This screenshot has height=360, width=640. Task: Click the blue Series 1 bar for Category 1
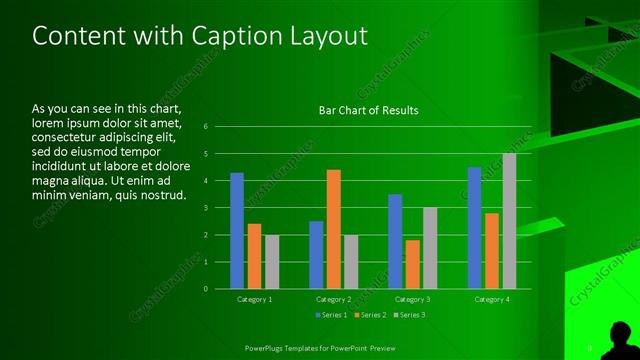click(x=237, y=231)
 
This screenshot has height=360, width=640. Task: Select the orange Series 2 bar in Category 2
click(x=333, y=229)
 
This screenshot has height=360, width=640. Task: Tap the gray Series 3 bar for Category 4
click(x=509, y=221)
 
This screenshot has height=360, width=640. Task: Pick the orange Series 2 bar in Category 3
click(x=413, y=264)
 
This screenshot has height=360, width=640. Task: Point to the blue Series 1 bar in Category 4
click(x=474, y=228)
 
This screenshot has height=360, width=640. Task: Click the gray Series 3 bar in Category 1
click(x=272, y=262)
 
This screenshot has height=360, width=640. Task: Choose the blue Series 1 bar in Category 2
click(x=316, y=255)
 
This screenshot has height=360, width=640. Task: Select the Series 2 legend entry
click(x=369, y=316)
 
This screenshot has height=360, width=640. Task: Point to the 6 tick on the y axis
click(x=205, y=127)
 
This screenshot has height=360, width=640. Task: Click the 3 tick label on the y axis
click(x=205, y=208)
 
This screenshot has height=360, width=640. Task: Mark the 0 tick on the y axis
click(x=205, y=289)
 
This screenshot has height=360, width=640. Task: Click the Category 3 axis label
click(x=412, y=299)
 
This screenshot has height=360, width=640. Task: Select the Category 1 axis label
click(x=254, y=299)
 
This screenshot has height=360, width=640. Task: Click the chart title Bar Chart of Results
click(x=368, y=110)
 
